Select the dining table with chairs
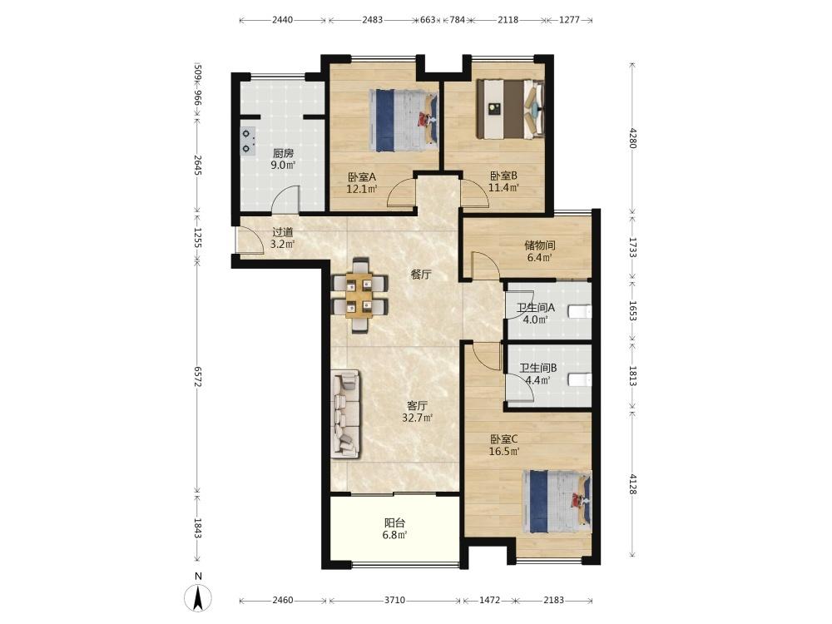point(359,295)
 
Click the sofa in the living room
point(345,414)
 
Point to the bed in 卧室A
point(404,121)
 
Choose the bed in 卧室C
point(557,502)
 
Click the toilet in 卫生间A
point(580,311)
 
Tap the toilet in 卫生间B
point(580,380)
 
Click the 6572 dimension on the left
point(197,376)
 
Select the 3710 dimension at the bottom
point(394,600)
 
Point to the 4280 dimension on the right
point(632,137)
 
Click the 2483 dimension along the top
point(373,20)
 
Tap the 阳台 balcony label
point(394,522)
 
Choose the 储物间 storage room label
point(540,245)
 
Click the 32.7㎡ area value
point(418,418)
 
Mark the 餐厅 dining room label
point(421,275)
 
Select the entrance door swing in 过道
point(250,241)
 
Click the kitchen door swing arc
point(285,200)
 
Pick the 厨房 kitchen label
point(284,153)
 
